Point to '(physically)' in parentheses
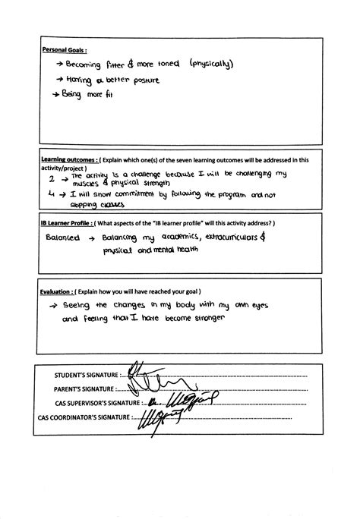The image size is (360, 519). click(213, 65)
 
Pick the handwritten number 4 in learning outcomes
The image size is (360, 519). click(52, 195)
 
